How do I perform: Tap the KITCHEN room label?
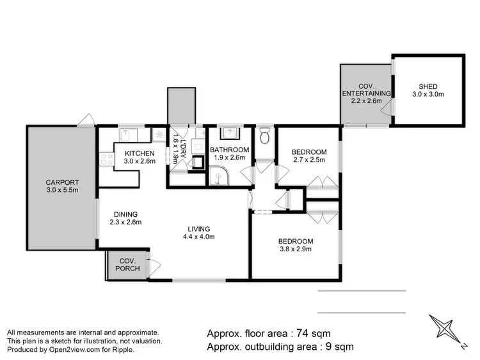[140, 153]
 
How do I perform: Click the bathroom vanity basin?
[228, 134]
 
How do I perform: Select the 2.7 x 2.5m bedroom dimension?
[308, 160]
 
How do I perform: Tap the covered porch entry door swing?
[154, 267]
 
